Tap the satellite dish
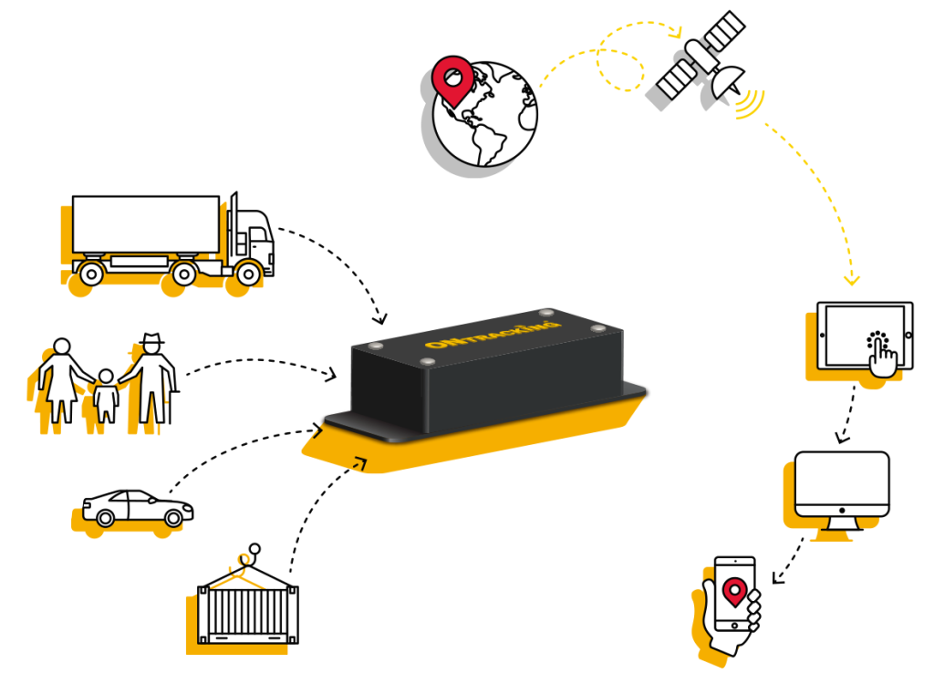(727, 82)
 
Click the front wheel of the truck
(248, 274)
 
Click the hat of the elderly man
(152, 339)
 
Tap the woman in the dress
(62, 380)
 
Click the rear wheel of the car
(106, 518)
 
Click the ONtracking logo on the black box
(493, 335)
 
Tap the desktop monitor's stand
(842, 523)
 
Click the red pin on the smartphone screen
(734, 592)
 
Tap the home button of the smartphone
(734, 626)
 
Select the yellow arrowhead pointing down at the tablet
(852, 279)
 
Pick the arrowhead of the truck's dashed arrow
(379, 317)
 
